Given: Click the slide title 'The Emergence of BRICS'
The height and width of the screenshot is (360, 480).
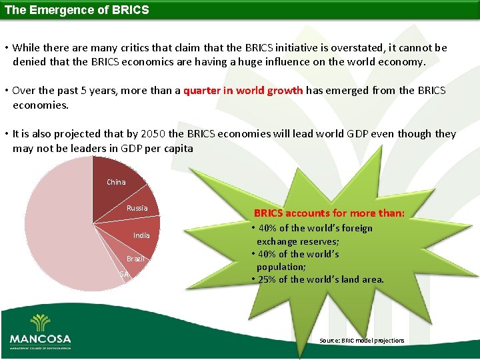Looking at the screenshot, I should point(77,10).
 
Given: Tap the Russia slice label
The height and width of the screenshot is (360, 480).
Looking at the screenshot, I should point(137,208).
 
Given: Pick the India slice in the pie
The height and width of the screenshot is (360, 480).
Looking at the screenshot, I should point(141,236).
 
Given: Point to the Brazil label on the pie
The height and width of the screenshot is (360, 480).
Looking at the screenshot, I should point(136,259).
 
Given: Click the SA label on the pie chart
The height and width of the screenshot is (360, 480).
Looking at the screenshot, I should point(124,274).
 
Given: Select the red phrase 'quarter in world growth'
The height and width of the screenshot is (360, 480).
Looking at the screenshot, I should point(243,90).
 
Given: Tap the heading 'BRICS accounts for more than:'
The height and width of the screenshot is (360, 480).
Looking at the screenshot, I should point(333,213).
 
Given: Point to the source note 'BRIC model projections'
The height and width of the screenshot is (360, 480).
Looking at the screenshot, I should point(362,341).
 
